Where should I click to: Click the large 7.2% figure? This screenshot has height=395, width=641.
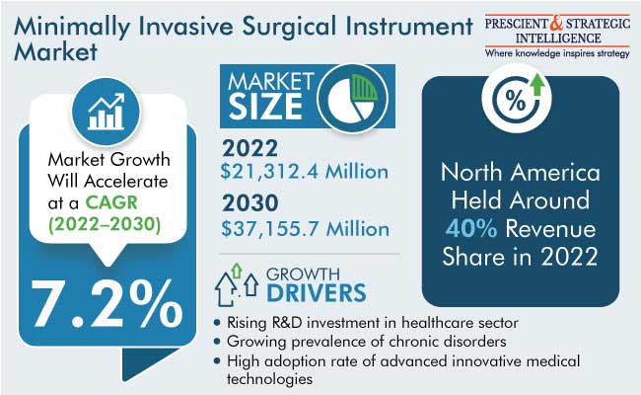tap(107, 304)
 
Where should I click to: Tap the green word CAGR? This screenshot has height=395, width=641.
tap(111, 202)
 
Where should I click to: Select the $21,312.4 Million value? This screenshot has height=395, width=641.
tap(304, 172)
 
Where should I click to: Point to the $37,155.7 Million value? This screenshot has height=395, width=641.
tap(305, 229)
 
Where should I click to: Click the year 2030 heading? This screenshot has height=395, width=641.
tap(250, 203)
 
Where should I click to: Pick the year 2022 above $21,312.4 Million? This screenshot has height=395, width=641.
tap(249, 148)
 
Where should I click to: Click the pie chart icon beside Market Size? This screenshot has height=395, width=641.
tap(352, 98)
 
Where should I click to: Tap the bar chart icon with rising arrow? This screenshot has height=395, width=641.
tap(106, 112)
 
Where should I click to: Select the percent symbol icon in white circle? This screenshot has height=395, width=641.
tap(515, 101)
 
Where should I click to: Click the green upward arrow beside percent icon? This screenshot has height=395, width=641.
tap(537, 85)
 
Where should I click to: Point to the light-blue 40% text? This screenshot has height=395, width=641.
tap(471, 228)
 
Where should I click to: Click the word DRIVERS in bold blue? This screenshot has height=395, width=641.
tap(317, 293)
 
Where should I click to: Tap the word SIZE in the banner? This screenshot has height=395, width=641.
tap(265, 107)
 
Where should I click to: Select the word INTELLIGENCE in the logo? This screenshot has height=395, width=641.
tap(558, 39)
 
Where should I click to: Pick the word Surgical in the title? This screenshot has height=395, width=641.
tap(289, 27)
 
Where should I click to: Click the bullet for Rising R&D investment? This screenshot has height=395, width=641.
tap(217, 323)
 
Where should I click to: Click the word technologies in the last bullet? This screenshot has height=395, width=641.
tap(270, 379)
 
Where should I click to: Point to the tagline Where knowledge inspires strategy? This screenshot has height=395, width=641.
tap(557, 53)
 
